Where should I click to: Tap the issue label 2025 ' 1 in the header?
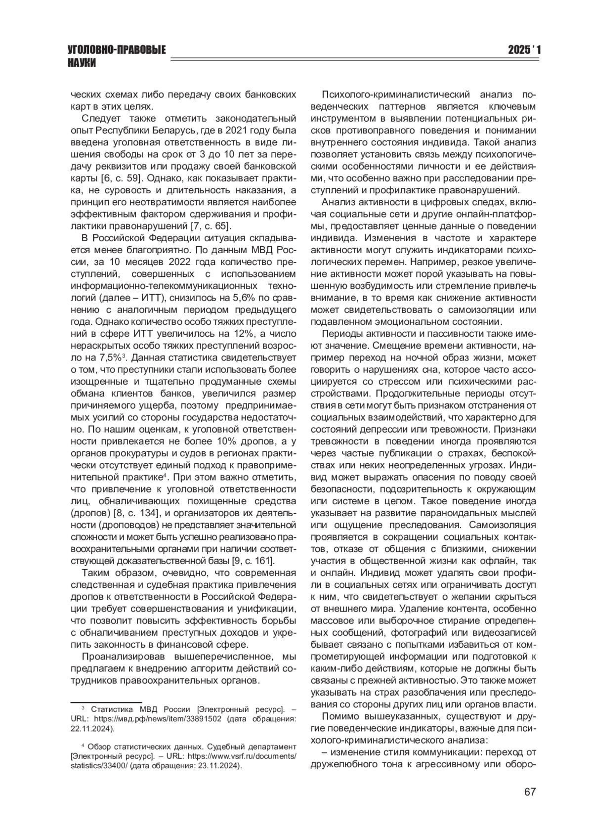click(525, 50)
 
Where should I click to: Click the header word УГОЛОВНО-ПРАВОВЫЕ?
click(117, 50)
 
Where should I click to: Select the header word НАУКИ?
click(82, 63)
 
